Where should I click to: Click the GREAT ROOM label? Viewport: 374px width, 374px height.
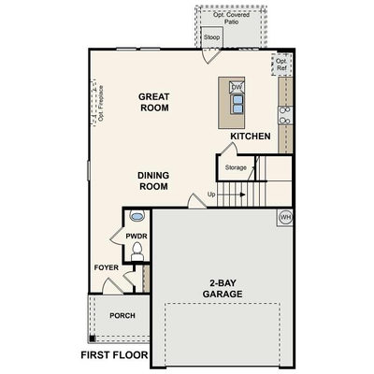[153, 102]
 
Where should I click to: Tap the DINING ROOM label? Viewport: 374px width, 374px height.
[153, 180]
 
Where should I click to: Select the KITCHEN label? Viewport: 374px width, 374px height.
[251, 137]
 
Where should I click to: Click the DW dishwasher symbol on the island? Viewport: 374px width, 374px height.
[237, 87]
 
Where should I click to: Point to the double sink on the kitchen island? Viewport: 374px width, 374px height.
[237, 104]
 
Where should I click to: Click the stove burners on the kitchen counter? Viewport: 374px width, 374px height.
[285, 115]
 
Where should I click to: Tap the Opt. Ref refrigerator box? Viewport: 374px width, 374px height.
[281, 65]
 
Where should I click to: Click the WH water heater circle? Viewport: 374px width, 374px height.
[285, 217]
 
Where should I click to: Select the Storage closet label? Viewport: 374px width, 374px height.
[236, 167]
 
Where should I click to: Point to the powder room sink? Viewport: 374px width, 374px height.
[137, 216]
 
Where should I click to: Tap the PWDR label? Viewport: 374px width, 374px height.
[137, 237]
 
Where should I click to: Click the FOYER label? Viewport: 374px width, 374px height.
[107, 267]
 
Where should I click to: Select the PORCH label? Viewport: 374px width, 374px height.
[122, 316]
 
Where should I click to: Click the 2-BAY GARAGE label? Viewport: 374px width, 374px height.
[223, 289]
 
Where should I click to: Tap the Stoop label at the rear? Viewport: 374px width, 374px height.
[211, 37]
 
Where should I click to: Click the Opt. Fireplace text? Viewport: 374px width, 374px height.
[100, 104]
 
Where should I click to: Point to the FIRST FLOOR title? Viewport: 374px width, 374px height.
[114, 355]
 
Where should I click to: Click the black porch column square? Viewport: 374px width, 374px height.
[92, 338]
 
